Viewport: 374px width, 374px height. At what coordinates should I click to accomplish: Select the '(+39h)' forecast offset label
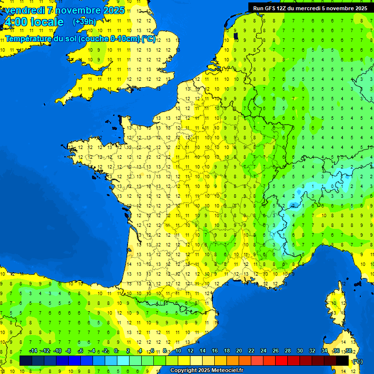(84, 22)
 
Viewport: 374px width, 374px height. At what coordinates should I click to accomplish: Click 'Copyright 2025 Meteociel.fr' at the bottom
(206, 371)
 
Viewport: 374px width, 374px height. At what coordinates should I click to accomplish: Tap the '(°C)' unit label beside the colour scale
(357, 361)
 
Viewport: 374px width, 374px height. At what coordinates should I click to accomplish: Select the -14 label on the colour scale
(33, 351)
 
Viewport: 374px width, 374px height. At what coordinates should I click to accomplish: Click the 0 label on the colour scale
(116, 351)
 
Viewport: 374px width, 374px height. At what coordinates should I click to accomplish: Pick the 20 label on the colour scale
(239, 351)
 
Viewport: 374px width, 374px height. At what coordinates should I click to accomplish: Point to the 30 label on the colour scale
(299, 351)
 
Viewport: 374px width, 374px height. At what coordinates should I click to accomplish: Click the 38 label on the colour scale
(348, 351)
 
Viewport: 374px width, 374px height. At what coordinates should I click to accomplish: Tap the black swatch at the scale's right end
(342, 361)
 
